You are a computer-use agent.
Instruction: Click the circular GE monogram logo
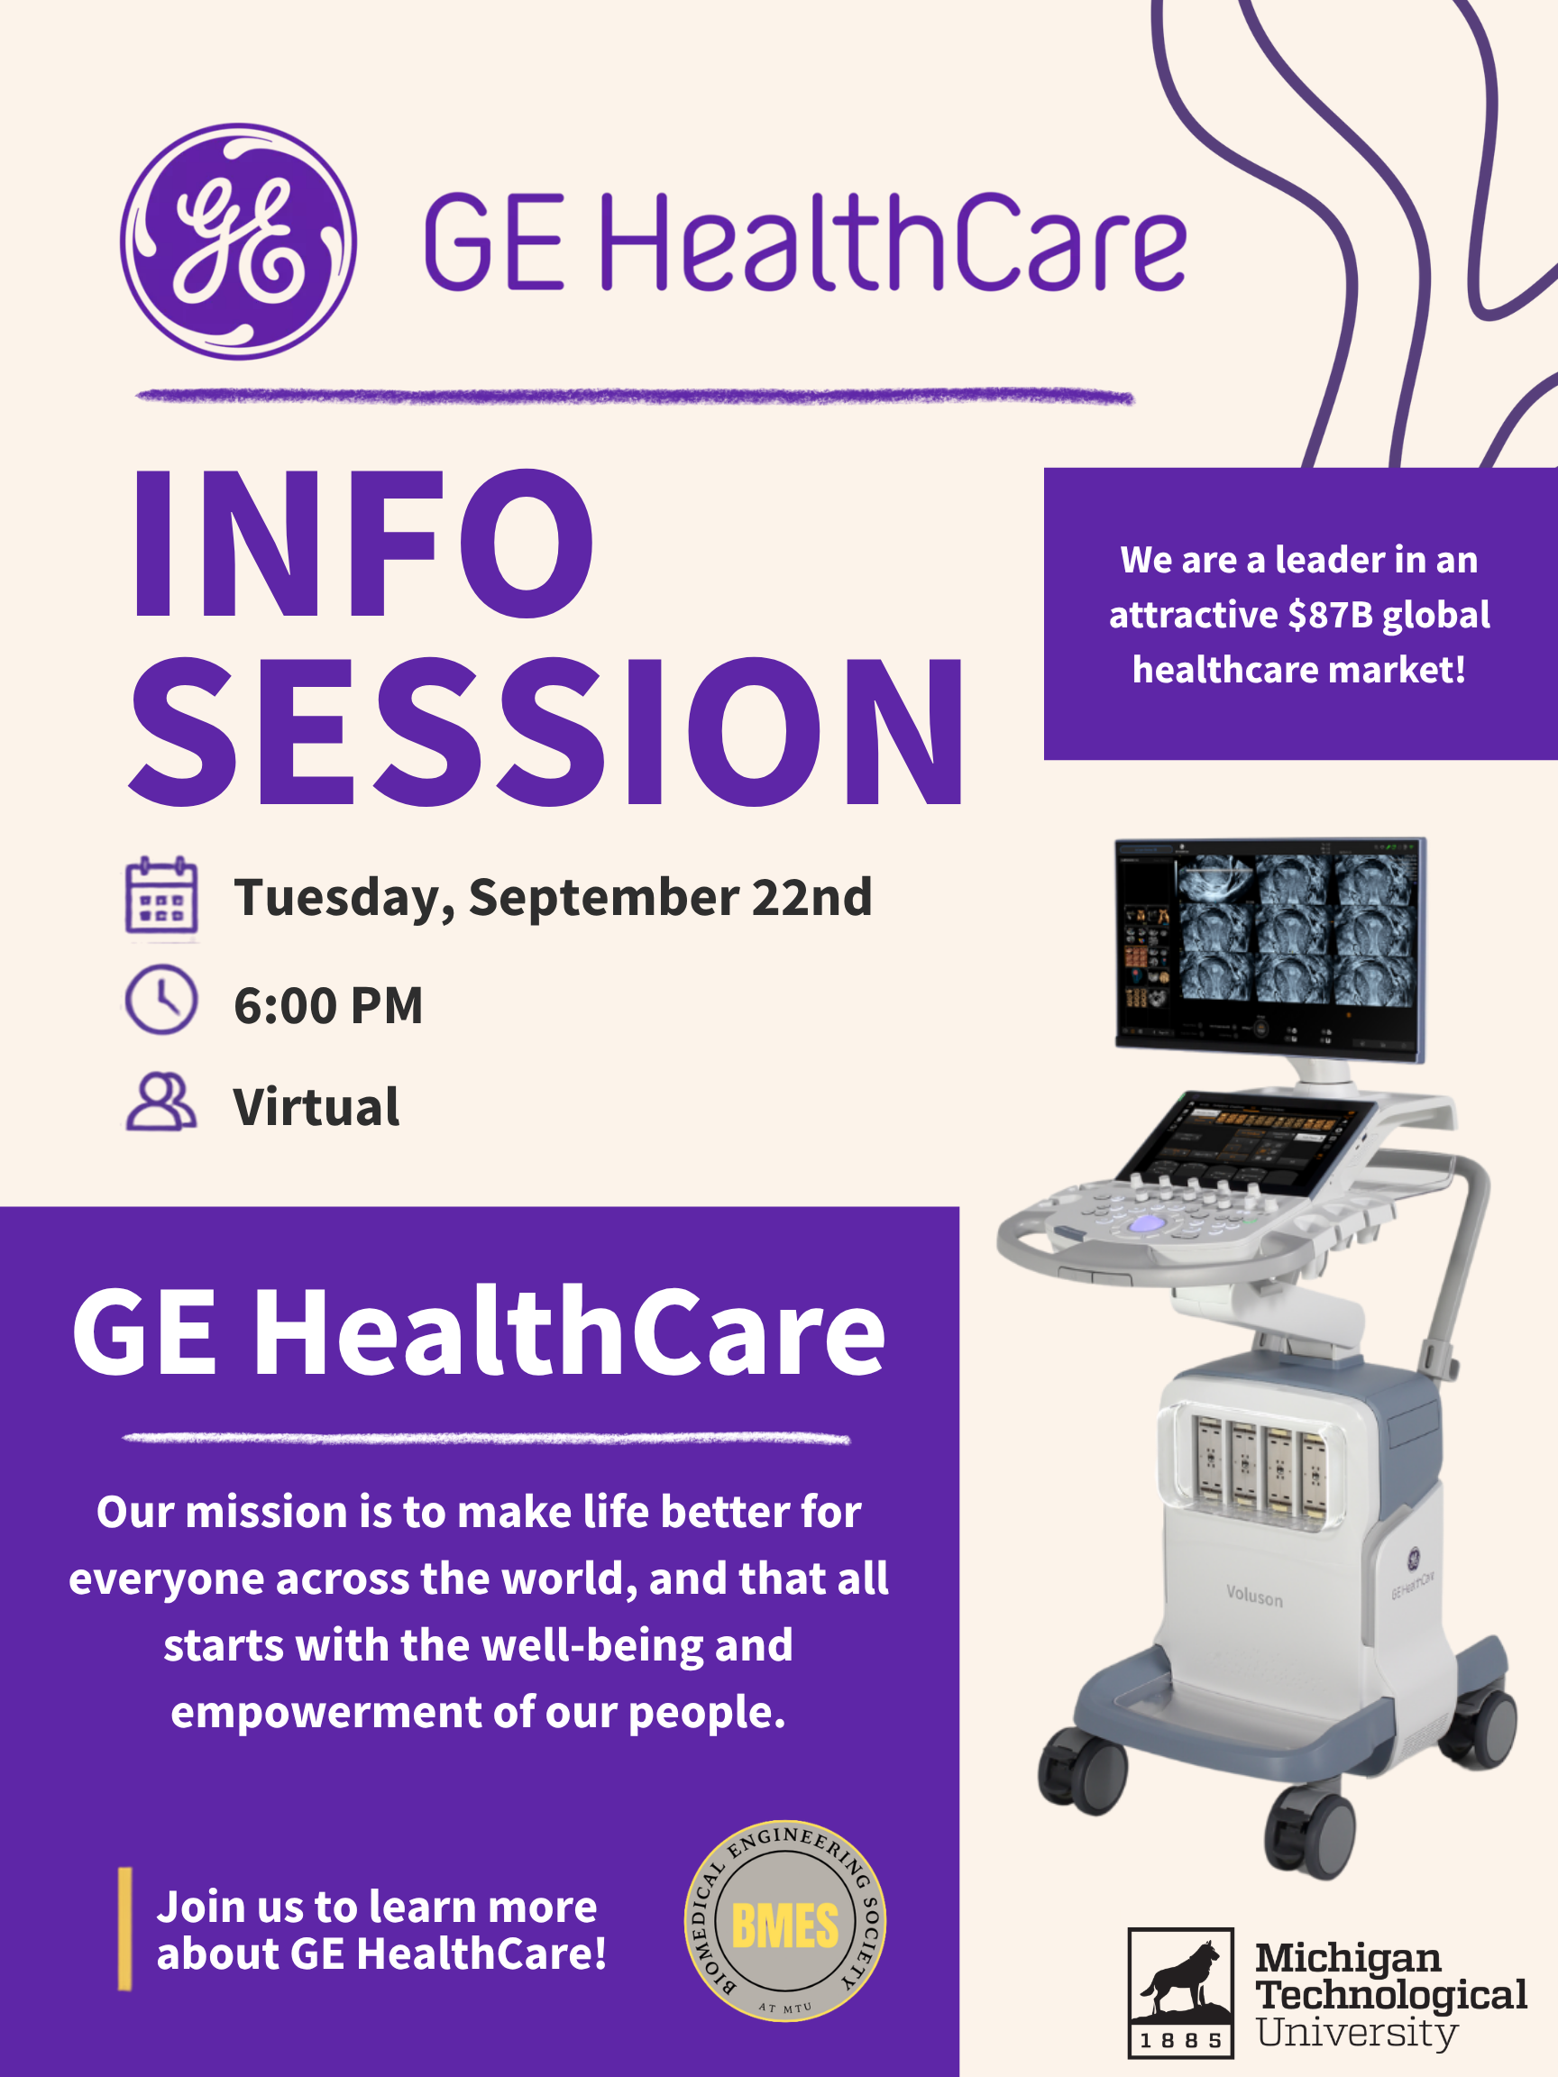[239, 242]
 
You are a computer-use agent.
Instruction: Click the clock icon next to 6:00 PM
[161, 999]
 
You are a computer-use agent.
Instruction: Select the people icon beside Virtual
[161, 1103]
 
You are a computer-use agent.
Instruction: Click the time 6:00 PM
[329, 1006]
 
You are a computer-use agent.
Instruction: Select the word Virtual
[316, 1106]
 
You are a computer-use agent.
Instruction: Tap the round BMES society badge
[785, 1921]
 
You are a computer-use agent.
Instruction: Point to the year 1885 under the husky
[1180, 2039]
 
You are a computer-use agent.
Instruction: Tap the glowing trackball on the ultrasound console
[1147, 1223]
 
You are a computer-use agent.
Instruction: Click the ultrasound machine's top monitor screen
[1270, 948]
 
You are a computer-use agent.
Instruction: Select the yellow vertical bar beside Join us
[125, 1928]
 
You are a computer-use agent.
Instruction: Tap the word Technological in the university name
[1392, 1995]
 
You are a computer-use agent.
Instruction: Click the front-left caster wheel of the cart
[1083, 1770]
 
